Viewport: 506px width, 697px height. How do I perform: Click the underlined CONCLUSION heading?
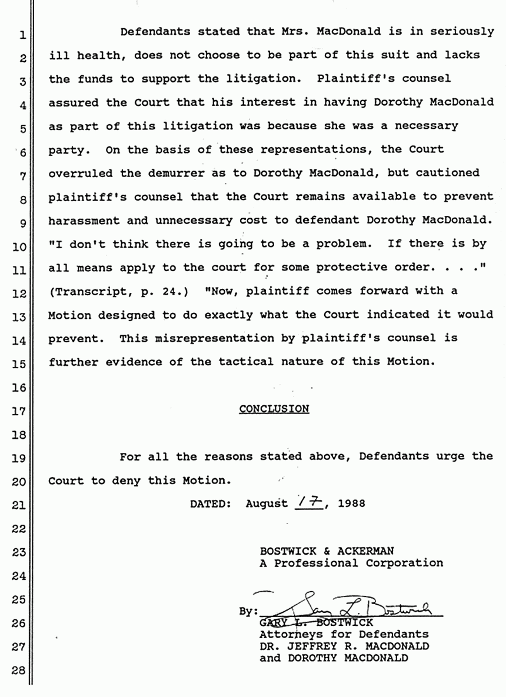pos(274,409)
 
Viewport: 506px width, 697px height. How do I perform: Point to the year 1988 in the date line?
pos(351,503)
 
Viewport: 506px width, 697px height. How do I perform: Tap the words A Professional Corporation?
pos(351,563)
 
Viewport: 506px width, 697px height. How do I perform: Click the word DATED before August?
pos(210,503)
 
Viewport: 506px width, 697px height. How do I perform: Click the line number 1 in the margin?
pos(21,35)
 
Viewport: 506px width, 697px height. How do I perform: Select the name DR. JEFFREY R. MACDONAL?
pos(344,646)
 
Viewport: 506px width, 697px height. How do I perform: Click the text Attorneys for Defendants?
pos(344,634)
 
